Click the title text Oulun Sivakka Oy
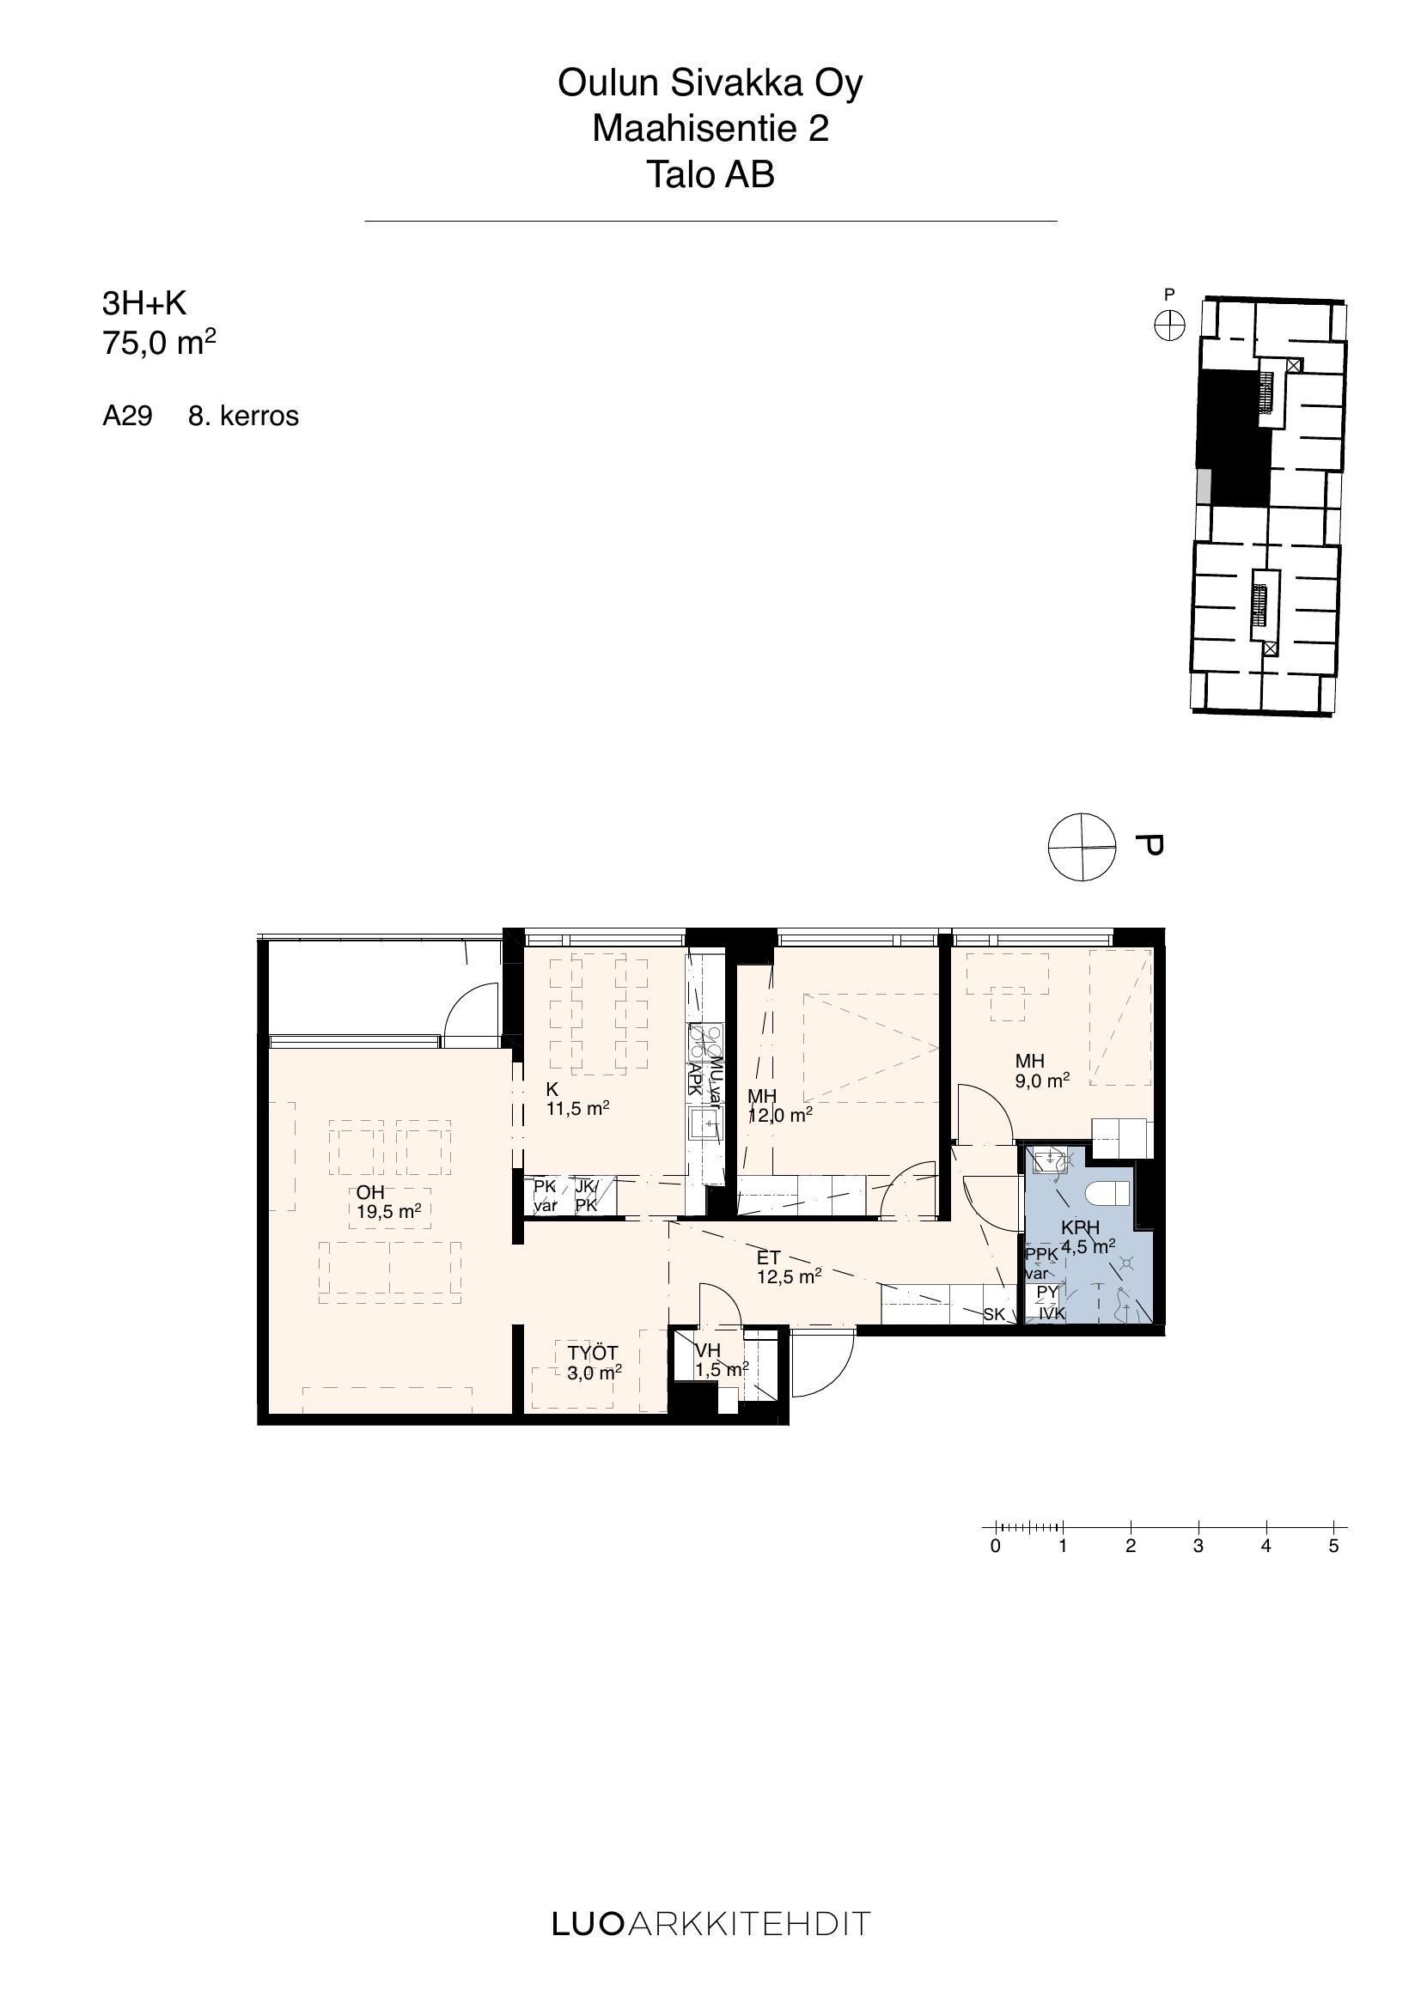pyautogui.click(x=710, y=83)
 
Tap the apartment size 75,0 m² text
pyautogui.click(x=159, y=341)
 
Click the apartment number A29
pyautogui.click(x=127, y=416)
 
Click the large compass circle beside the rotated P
pyautogui.click(x=1083, y=847)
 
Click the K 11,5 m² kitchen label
pyautogui.click(x=577, y=1099)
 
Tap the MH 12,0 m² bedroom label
pyautogui.click(x=779, y=1105)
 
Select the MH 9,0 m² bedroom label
pyautogui.click(x=1042, y=1071)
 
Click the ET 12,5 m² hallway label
pyautogui.click(x=789, y=1267)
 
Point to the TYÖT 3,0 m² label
pyautogui.click(x=595, y=1363)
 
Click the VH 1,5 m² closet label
pyautogui.click(x=722, y=1361)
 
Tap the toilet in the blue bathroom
pyautogui.click(x=1108, y=1194)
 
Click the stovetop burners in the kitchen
pyautogui.click(x=705, y=1042)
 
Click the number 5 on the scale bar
pyautogui.click(x=1333, y=1545)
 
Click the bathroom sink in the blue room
pyautogui.click(x=1046, y=1162)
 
